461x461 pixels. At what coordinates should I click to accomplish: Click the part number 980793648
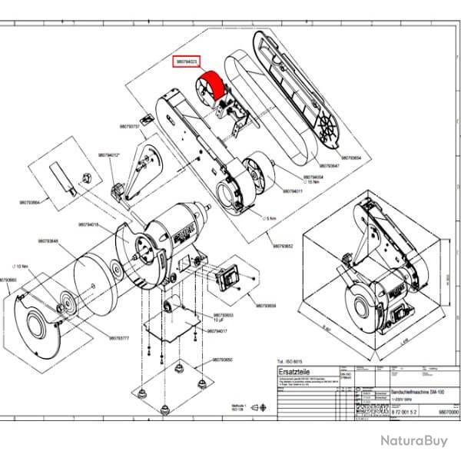(61, 240)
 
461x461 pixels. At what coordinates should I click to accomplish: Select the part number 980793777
(119, 338)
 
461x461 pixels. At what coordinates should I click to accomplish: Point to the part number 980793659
(266, 306)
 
